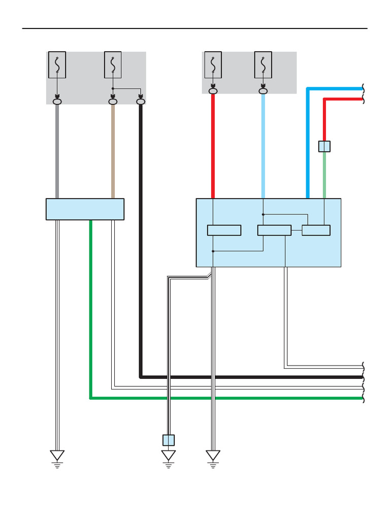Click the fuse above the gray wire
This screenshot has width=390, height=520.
coord(57,64)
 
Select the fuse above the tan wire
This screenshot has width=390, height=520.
coord(113,64)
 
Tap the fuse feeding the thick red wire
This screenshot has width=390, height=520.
coord(213,64)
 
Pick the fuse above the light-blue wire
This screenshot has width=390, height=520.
coord(263,64)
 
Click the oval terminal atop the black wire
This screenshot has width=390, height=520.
coord(141,102)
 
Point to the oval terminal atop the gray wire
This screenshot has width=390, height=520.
coord(57,102)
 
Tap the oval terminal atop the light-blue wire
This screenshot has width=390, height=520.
coord(263,91)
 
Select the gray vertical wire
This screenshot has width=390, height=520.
coord(57,152)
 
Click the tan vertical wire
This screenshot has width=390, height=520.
coord(113,152)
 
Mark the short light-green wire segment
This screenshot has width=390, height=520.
coord(324,175)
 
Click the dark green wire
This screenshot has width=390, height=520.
coord(91,315)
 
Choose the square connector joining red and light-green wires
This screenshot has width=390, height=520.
coord(324,146)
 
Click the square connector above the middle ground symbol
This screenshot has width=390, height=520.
coord(169,440)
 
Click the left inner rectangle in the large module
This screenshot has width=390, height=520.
coord(224,231)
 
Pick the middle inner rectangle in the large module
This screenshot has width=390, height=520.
coord(274,231)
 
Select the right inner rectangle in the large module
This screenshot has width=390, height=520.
coord(316,231)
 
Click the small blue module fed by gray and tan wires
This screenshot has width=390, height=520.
coord(85,209)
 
